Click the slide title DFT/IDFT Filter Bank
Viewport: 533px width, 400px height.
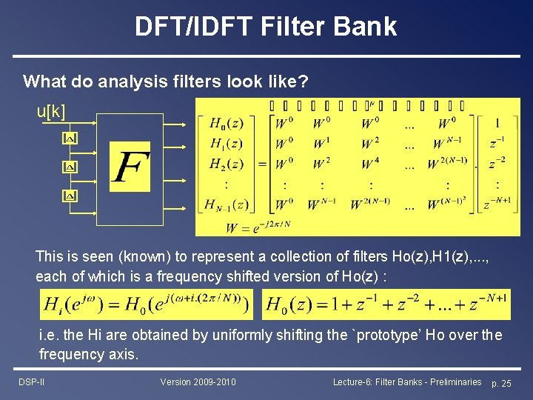(266, 27)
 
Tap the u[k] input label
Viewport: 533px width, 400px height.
(51, 112)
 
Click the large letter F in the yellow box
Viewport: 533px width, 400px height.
(130, 168)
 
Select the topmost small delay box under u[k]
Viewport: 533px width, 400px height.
(69, 139)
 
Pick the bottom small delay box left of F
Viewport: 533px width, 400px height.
(69, 196)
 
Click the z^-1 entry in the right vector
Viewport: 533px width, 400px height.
(497, 143)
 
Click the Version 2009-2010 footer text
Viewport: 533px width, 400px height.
(198, 381)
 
